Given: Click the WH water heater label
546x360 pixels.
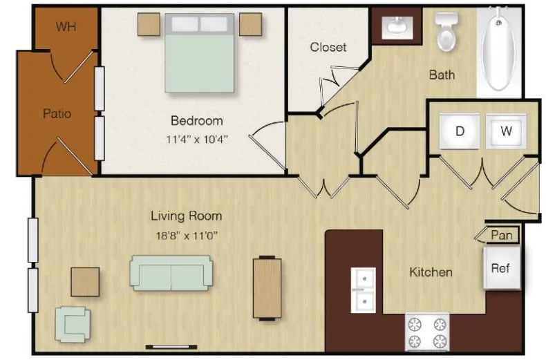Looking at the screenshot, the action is point(66,26).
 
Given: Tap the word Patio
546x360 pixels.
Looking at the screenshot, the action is point(57,113).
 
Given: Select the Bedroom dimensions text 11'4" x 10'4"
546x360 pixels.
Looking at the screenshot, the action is point(197,140).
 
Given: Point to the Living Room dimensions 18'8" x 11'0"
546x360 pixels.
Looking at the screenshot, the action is point(187,236).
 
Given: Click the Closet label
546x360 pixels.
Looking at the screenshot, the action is point(328,47).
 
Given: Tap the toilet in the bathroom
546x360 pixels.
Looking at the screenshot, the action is point(446,31).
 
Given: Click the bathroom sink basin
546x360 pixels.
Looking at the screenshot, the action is point(397,27).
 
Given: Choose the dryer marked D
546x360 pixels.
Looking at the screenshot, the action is point(460,131).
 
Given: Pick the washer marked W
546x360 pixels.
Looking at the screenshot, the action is point(506,131).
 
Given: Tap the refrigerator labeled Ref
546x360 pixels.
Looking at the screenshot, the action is point(502,268).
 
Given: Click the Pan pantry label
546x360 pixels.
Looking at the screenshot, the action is point(502,236).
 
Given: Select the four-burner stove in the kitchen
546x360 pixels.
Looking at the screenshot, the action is point(427,332).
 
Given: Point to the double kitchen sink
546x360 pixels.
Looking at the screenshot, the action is point(364,290).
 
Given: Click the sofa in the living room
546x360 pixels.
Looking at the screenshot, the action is point(171,273).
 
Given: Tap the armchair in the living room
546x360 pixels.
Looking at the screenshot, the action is point(73,324).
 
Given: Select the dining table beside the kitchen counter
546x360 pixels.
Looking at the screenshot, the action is point(267,287).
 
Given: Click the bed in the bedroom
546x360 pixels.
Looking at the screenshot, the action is point(199,53).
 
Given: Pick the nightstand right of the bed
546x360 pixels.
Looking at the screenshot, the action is point(251,24).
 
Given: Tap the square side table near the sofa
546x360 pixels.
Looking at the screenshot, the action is point(85,282).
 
